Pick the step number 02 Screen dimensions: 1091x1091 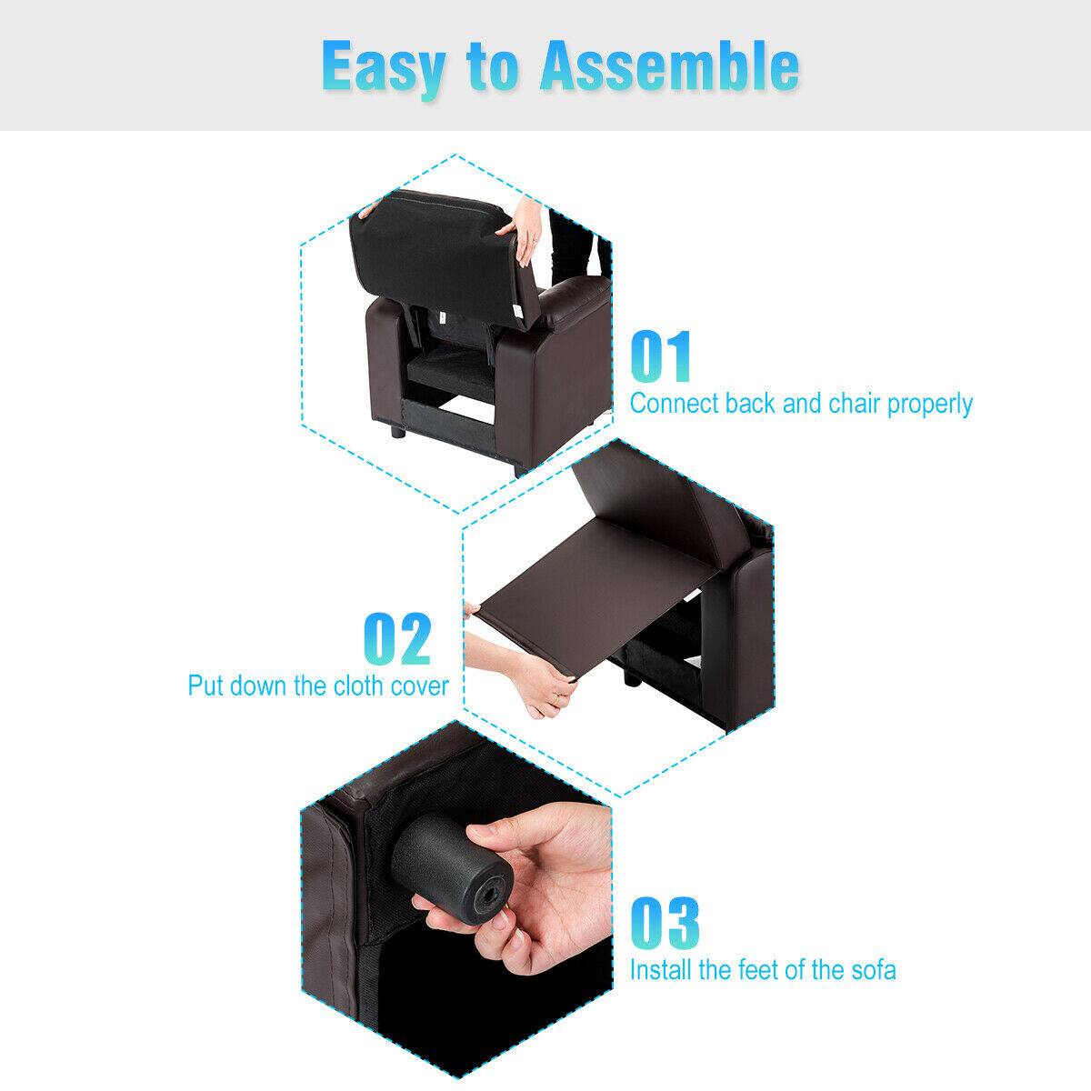click(397, 640)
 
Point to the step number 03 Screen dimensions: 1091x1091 click(665, 924)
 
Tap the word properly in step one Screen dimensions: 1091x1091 click(926, 405)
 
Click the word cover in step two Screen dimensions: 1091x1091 click(418, 685)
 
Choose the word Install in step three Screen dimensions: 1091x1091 click(661, 970)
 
